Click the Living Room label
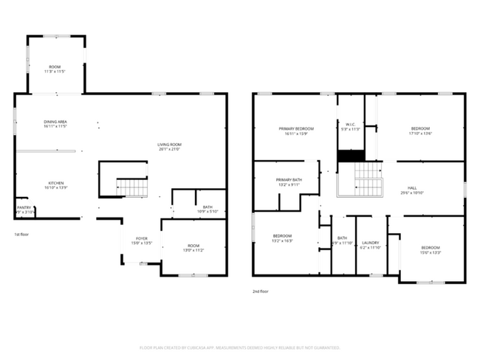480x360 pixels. (x=168, y=146)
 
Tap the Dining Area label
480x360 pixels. (x=55, y=123)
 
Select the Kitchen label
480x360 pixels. (x=56, y=185)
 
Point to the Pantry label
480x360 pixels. (x=24, y=210)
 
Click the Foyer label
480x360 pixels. (x=140, y=240)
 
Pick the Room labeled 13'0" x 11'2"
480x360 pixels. (x=193, y=248)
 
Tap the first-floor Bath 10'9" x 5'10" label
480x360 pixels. (x=207, y=210)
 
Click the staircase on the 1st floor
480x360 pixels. (x=132, y=187)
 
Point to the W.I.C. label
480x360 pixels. (x=352, y=125)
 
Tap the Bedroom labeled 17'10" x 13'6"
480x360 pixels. (x=420, y=131)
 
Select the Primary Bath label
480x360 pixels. (x=289, y=182)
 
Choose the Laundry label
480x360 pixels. (x=371, y=245)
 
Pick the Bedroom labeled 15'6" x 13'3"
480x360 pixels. (x=431, y=249)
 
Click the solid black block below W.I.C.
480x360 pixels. (x=352, y=156)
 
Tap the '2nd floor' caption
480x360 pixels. (x=261, y=291)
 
